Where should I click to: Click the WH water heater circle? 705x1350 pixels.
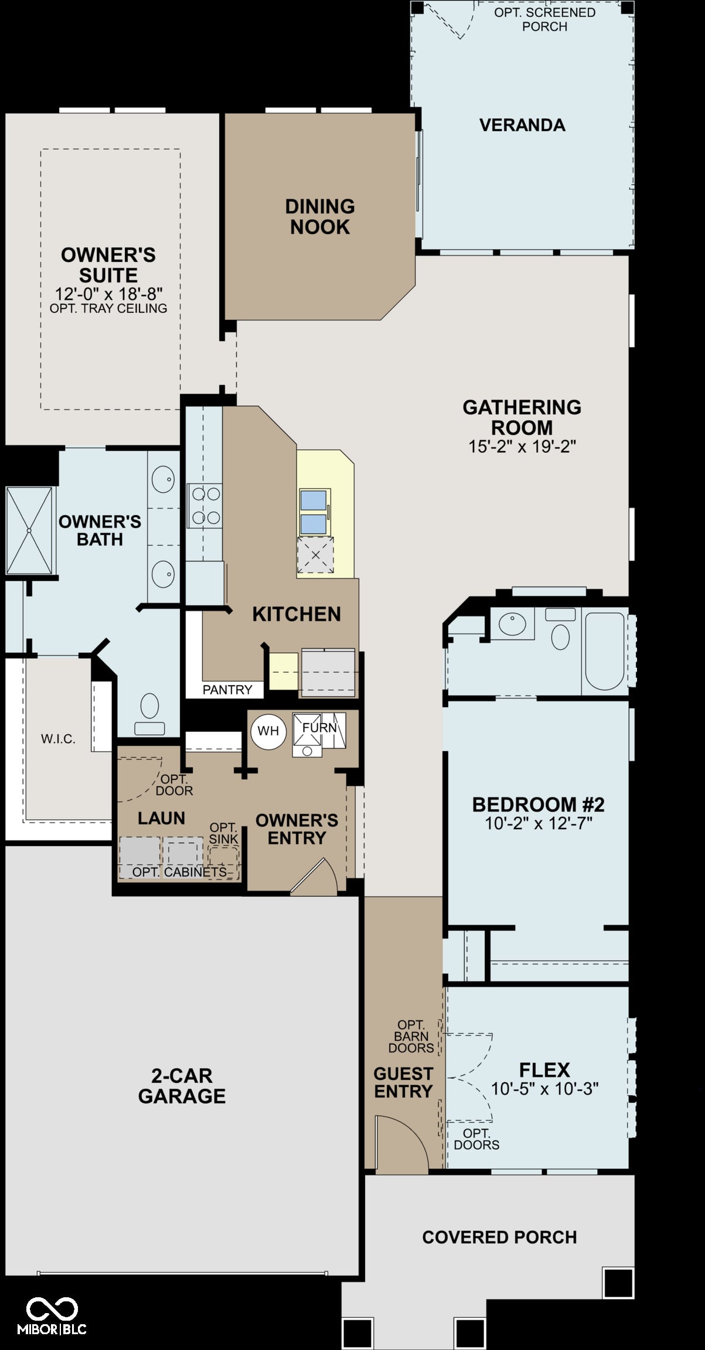coord(268,731)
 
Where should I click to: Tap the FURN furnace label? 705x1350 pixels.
coord(319,728)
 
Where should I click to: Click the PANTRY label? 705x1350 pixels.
coord(227,690)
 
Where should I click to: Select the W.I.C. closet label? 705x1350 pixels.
coord(58,739)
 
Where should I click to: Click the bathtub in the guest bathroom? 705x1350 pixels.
coord(605,651)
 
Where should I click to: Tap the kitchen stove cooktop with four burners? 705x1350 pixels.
coord(205,505)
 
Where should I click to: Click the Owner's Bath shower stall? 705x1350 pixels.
coord(29,531)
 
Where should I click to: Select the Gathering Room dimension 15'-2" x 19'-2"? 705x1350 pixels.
coord(522,446)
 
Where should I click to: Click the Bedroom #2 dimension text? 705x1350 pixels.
coord(539,823)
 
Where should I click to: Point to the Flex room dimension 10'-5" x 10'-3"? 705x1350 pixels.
coord(544,1089)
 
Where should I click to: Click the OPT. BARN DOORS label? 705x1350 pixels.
coord(411,1036)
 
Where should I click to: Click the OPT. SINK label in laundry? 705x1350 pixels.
coord(223,833)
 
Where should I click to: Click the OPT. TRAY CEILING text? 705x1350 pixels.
coord(108,308)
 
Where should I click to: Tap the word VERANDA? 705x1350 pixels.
coord(522,125)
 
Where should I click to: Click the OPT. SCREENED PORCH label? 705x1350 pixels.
coord(545,19)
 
